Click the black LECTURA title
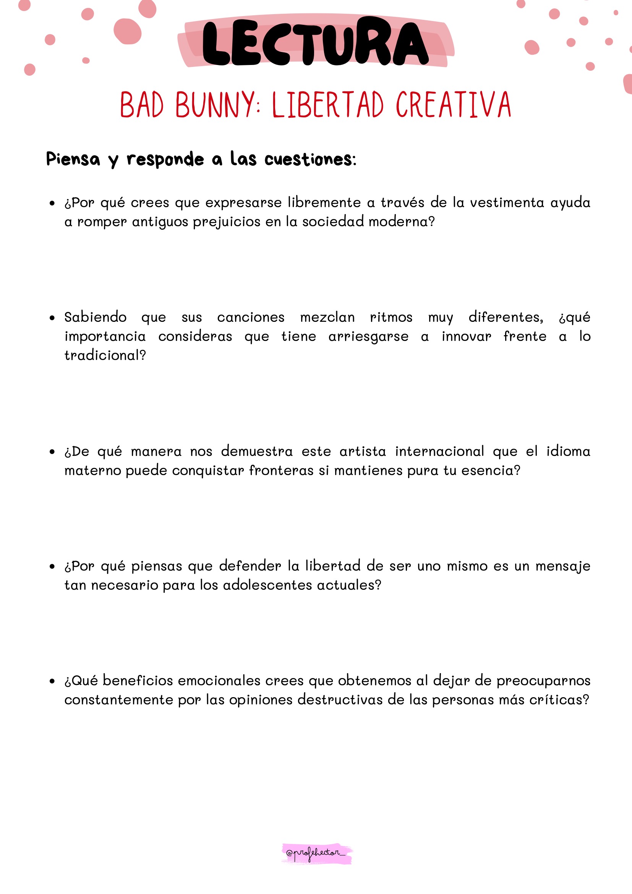coord(315,42)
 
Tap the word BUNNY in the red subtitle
coord(215,105)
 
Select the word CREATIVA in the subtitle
coord(453,105)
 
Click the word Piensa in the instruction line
coord(73,159)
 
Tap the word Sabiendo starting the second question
coord(96,317)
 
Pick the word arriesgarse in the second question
coord(368,336)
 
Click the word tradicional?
coord(105,355)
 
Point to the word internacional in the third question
coord(439,451)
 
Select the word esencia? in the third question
coord(491,471)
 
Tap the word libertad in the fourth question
coord(333,566)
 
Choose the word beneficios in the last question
coord(138,680)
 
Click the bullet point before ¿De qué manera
coord(52,452)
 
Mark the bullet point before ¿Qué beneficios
coord(52,681)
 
